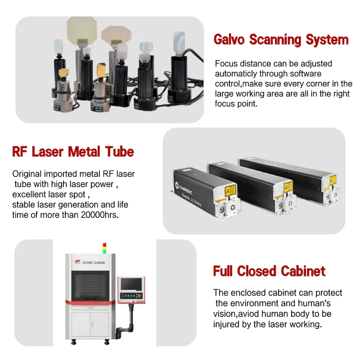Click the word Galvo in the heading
(230, 40)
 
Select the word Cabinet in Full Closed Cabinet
(303, 271)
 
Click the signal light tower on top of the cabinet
(105, 247)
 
